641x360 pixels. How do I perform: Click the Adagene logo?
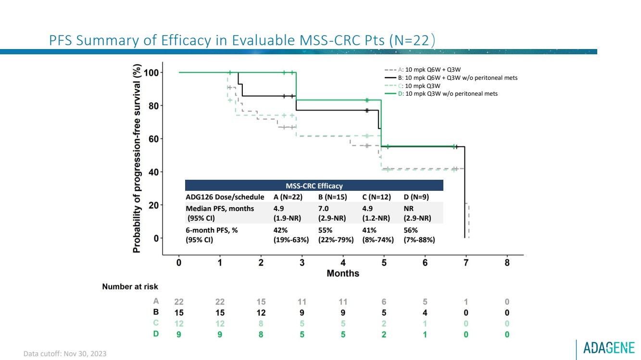coord(609,348)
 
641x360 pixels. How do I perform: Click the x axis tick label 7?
coord(466,263)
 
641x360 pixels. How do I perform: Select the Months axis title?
coord(343,273)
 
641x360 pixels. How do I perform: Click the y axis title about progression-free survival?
coord(137,159)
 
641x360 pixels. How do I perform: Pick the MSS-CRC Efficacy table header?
coord(314,186)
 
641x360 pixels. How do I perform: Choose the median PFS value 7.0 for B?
coord(323,209)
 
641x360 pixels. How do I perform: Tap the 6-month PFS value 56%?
coord(411,230)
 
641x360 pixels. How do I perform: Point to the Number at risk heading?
coord(130,286)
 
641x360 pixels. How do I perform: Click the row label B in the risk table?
coord(156,312)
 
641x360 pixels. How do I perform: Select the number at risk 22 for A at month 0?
coord(179,302)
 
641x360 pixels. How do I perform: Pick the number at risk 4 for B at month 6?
coord(425,312)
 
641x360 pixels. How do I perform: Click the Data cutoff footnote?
coord(65,354)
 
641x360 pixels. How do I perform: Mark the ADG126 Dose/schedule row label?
coord(225,197)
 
